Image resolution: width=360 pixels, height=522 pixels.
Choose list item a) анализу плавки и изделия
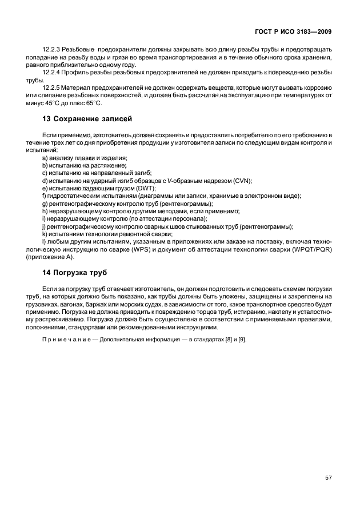pos(85,157)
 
